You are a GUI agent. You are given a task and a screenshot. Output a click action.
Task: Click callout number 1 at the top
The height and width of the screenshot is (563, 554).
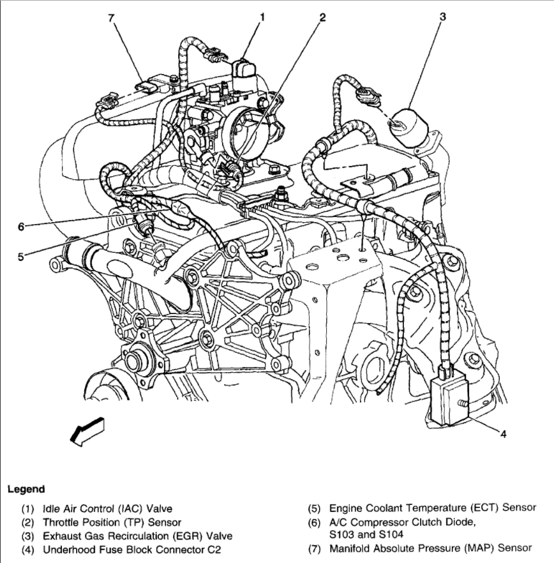tap(261, 17)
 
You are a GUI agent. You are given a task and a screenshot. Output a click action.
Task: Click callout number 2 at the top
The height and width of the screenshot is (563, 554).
tap(323, 17)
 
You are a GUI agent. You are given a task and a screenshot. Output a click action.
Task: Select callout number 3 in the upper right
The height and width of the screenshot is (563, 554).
tap(442, 17)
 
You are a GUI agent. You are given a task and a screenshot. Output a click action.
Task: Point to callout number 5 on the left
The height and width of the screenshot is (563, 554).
tap(20, 257)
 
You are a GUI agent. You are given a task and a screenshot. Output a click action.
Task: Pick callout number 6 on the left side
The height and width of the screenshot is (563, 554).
tap(20, 226)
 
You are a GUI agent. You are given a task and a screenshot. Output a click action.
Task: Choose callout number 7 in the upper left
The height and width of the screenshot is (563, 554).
tap(111, 17)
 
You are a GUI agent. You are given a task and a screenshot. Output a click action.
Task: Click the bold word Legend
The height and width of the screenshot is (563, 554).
tap(26, 490)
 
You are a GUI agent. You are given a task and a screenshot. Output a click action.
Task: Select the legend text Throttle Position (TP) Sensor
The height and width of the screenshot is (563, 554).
tap(112, 522)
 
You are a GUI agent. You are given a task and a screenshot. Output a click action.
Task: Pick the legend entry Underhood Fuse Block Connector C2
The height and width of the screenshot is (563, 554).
tap(131, 549)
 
